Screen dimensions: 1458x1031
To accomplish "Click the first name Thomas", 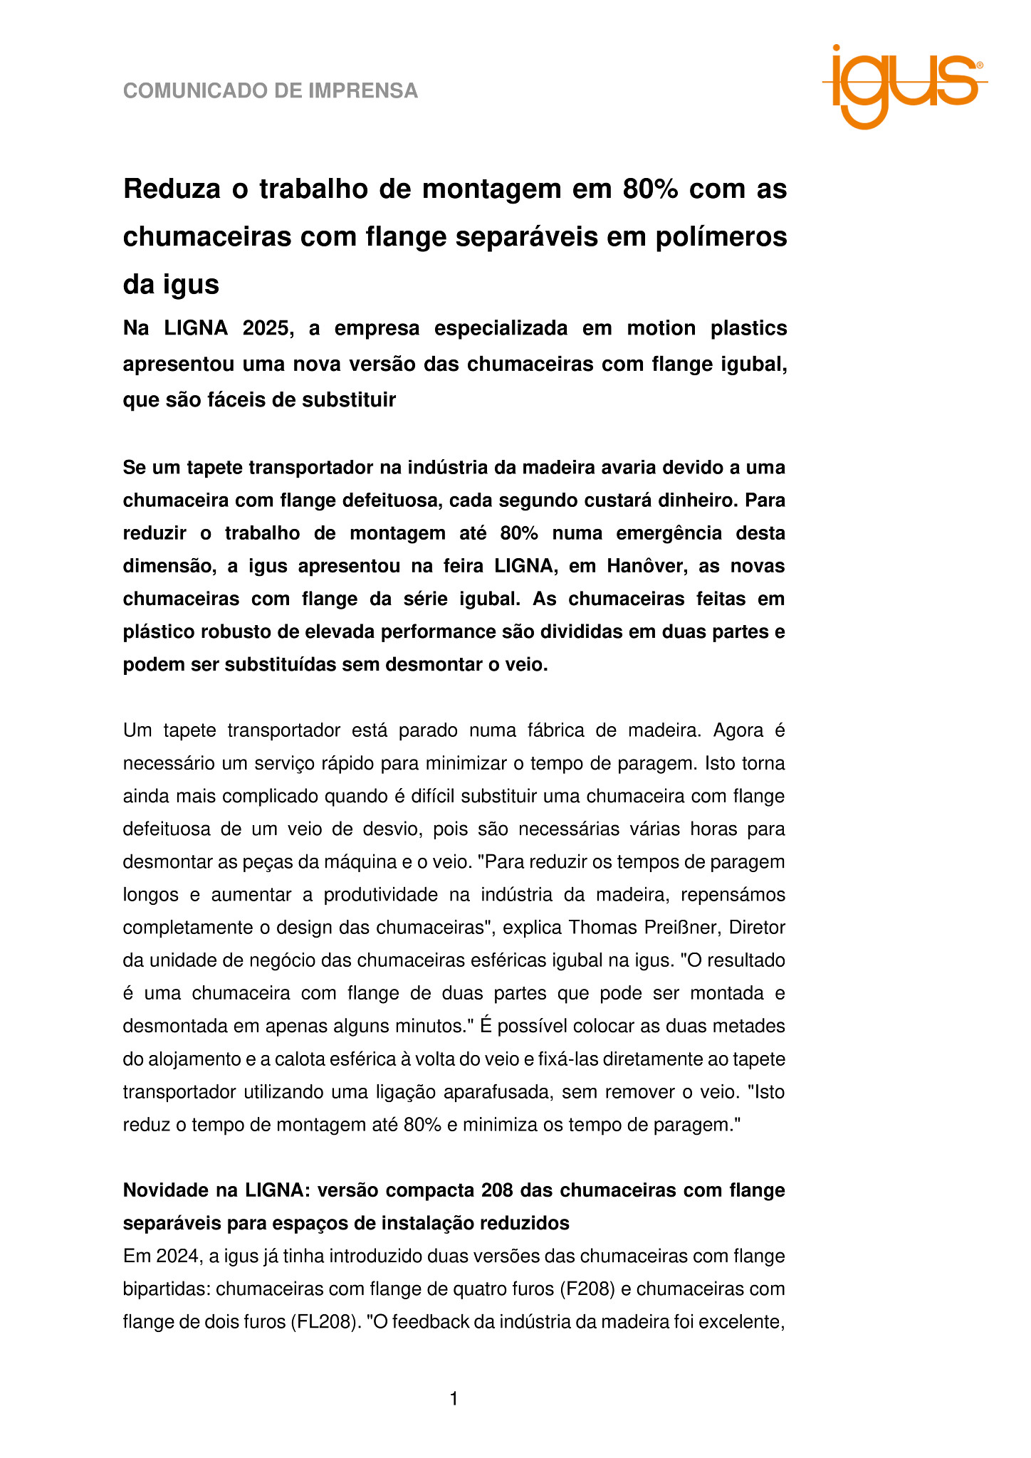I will (608, 928).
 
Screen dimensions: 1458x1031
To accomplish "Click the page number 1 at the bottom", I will (454, 1400).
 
